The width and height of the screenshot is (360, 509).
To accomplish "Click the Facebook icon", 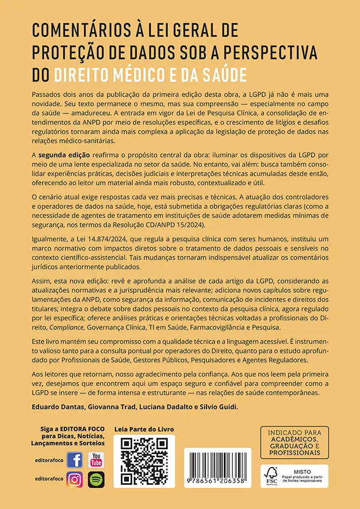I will (x=75, y=460).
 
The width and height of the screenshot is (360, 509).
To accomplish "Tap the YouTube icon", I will (x=95, y=460).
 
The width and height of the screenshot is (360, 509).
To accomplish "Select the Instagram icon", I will (x=75, y=479).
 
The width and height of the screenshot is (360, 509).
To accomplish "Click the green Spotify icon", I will (x=95, y=479).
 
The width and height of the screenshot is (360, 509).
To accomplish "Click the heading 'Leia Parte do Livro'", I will (x=144, y=429).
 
